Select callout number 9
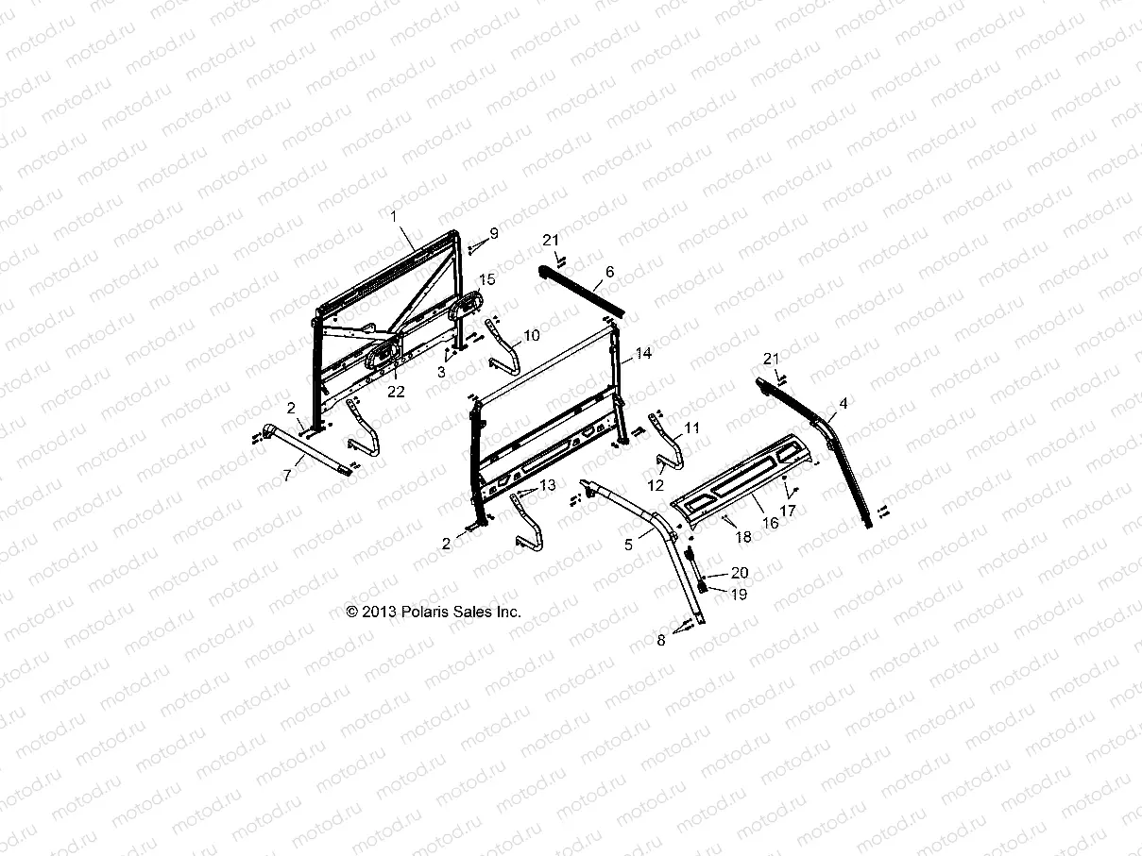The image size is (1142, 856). tap(520, 232)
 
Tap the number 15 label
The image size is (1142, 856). tap(486, 279)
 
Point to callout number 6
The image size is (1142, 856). tap(609, 271)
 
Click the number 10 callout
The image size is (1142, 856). tap(532, 335)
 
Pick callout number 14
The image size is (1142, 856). tap(644, 354)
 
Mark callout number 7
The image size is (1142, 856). tap(287, 476)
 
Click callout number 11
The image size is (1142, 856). tap(693, 428)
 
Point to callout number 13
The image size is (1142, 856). tap(548, 485)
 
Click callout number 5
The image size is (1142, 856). tap(629, 545)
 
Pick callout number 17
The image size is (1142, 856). tap(787, 510)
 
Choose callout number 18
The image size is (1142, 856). tap(743, 536)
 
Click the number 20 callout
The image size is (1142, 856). tap(740, 573)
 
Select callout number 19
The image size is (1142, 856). tap(739, 595)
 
